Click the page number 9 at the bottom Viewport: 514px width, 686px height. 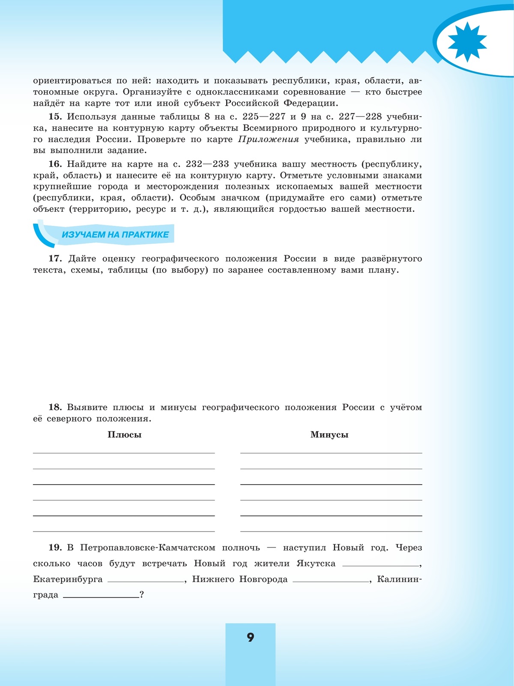[251, 637]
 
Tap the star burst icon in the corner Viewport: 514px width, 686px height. [467, 42]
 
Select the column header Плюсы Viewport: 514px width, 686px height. [124, 435]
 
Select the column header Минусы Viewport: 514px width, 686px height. [329, 435]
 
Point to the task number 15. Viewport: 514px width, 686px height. [55, 117]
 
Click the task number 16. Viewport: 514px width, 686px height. [55, 164]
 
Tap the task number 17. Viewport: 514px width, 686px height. [55, 259]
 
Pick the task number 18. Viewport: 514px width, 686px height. [55, 408]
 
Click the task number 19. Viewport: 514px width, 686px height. [55, 548]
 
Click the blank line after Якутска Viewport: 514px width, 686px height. [381, 565]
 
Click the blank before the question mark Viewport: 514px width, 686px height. [101, 596]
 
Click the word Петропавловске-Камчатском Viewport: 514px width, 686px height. [147, 548]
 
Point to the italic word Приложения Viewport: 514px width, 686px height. [268, 139]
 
